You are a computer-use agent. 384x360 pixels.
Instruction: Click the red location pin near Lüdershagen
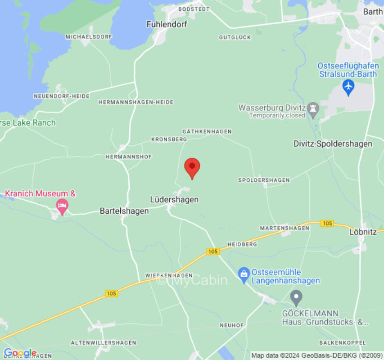click(x=192, y=167)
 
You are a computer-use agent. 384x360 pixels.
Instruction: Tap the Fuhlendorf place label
click(x=167, y=24)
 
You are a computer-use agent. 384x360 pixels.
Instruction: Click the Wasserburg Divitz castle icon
click(x=313, y=108)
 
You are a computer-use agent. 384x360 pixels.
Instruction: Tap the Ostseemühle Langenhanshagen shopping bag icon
click(x=244, y=275)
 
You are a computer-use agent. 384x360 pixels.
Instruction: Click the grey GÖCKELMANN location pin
click(x=296, y=297)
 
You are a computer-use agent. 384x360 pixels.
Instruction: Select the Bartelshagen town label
click(x=124, y=211)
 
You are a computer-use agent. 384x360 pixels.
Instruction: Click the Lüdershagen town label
click(x=174, y=199)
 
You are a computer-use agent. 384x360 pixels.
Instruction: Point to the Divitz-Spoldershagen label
click(x=333, y=144)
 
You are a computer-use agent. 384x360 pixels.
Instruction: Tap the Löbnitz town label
click(x=362, y=232)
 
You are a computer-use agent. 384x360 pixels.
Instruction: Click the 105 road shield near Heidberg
click(x=213, y=251)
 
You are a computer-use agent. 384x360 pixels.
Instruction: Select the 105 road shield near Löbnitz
click(x=327, y=223)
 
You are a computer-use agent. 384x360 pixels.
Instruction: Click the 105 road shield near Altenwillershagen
click(x=112, y=293)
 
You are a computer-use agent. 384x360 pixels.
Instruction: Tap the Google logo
click(x=20, y=353)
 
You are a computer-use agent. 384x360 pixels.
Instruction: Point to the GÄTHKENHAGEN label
click(x=207, y=131)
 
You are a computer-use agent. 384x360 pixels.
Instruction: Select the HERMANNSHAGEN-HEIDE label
click(x=136, y=102)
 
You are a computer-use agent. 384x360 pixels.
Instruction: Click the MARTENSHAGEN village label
click(x=285, y=228)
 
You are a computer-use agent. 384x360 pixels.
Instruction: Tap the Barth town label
click(x=373, y=12)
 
